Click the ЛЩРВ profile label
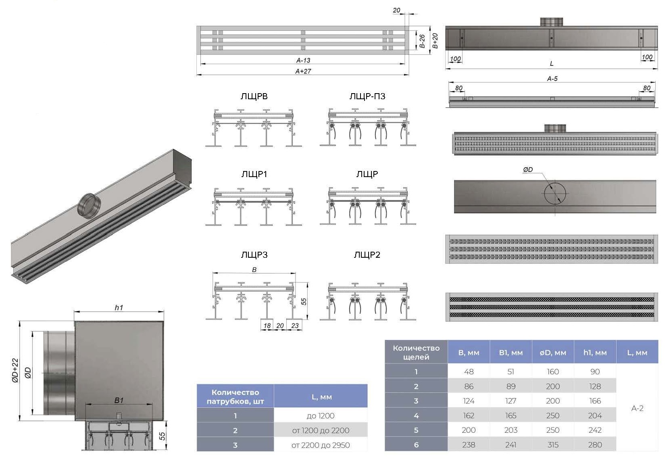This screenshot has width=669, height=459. (254, 96)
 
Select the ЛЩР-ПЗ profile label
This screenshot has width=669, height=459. (367, 96)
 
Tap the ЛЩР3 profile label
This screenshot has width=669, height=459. (254, 255)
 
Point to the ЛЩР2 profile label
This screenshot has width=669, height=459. (367, 255)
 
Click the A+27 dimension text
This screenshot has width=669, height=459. (303, 71)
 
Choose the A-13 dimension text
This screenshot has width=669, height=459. (303, 61)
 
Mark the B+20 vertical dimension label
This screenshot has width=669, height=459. (435, 41)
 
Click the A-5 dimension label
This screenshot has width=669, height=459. (552, 79)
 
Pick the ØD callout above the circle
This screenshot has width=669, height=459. (528, 170)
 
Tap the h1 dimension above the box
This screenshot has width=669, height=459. (119, 308)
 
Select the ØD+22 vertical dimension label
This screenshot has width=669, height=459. (15, 370)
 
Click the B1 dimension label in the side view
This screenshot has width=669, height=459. (119, 401)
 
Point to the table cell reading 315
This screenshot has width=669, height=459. (552, 444)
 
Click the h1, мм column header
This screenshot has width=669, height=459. (595, 353)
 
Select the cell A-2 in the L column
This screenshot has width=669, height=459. (637, 408)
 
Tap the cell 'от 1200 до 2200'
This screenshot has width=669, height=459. (321, 430)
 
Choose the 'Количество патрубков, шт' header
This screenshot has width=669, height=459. (235, 396)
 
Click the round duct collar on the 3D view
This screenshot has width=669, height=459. (88, 204)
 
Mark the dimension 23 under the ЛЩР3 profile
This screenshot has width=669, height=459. (295, 326)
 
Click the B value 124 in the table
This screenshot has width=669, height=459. (469, 401)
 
